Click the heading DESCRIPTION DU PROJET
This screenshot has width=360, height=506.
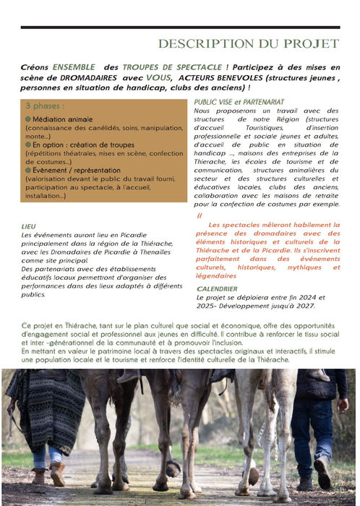click(x=248, y=44)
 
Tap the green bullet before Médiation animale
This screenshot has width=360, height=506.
click(x=28, y=119)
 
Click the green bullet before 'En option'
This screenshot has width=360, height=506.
click(x=28, y=145)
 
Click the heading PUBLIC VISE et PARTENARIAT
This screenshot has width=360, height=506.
click(x=239, y=102)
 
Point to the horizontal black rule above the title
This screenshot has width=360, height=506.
click(x=180, y=27)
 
